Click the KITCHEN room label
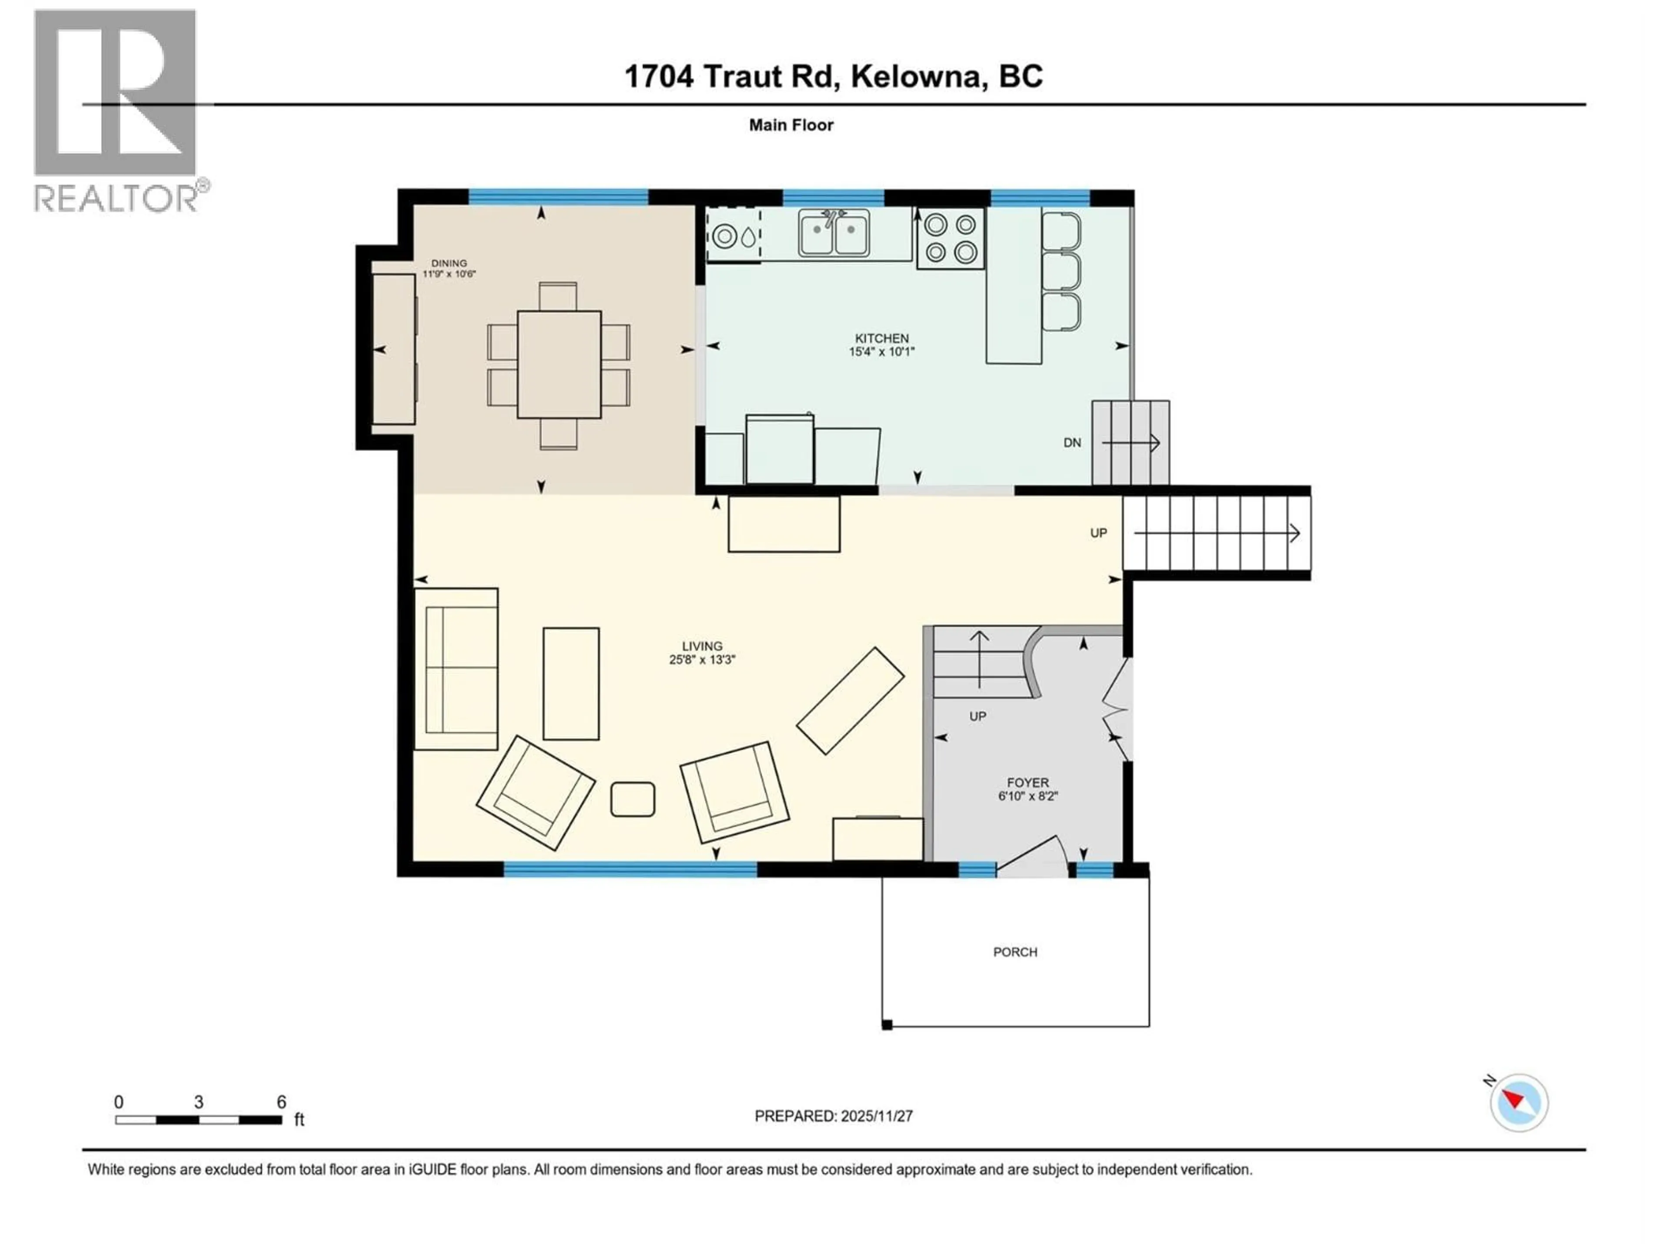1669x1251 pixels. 881,338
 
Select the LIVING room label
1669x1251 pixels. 702,646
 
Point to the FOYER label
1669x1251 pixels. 1027,783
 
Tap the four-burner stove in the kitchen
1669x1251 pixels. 951,238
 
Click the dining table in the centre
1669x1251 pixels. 559,364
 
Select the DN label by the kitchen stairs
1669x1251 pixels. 1072,443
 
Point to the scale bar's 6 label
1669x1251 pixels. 282,1102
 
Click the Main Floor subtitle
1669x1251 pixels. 791,125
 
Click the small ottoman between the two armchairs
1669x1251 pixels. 632,799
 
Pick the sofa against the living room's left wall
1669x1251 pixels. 456,669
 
